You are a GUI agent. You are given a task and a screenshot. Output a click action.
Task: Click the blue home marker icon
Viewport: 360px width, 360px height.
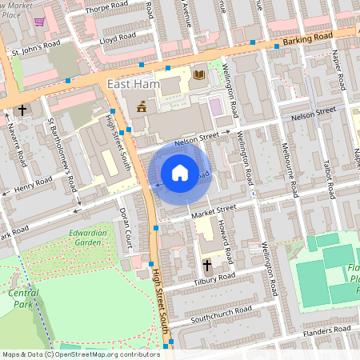coord(180,173)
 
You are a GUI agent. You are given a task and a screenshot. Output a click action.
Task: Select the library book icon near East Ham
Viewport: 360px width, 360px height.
coord(198,75)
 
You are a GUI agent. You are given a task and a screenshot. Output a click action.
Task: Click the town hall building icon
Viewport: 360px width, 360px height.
coord(142,106)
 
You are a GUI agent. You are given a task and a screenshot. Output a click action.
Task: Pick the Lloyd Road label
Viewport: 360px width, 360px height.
coord(116,38)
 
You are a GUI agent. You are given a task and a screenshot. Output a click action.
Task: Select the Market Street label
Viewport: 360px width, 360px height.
coord(214,209)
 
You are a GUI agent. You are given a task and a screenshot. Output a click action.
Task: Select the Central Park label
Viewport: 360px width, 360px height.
coord(23,298)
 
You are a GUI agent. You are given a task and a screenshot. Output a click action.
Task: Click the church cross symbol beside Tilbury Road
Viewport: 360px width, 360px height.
coord(206,263)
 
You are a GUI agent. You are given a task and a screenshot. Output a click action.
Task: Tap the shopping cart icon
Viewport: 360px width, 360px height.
coord(39,22)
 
